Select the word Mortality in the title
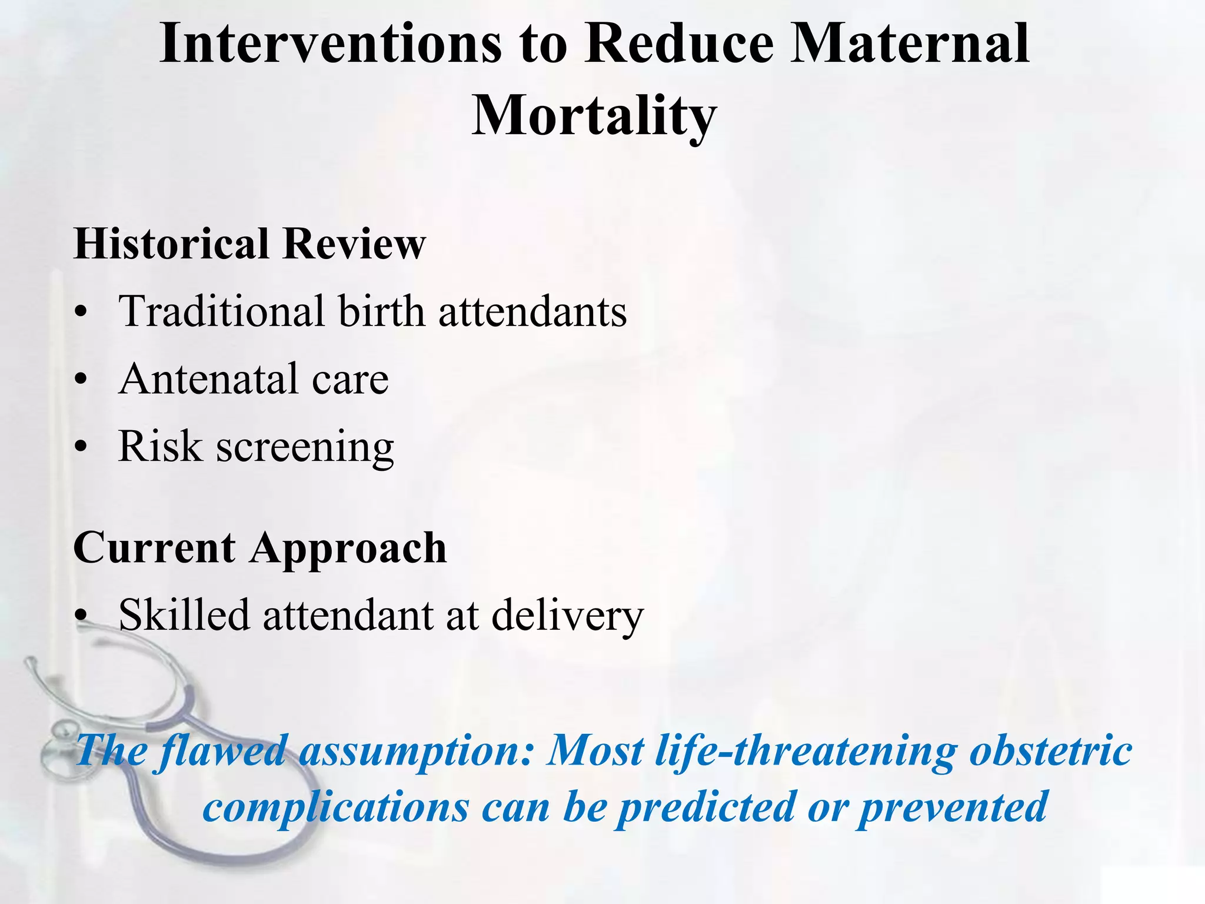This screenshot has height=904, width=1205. pos(594,115)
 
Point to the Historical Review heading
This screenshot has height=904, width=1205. pos(249,244)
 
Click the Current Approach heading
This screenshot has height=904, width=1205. pos(259,548)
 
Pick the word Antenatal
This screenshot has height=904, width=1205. pos(209,379)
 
